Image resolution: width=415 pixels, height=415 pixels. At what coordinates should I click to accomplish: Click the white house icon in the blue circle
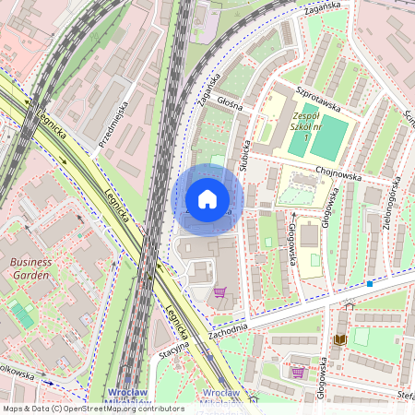coord(207,199)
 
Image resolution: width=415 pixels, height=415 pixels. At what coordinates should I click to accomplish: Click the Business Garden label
coord(31,267)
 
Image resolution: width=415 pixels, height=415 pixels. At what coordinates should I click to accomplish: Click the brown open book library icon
coord(340,339)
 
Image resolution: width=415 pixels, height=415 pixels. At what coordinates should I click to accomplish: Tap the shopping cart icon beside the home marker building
coord(219,293)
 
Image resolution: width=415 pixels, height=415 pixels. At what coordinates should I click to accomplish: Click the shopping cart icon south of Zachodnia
coord(298,373)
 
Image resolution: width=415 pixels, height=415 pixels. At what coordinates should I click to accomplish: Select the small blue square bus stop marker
coord(369,284)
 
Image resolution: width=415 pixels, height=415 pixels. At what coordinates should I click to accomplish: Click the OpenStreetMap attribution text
coord(92,409)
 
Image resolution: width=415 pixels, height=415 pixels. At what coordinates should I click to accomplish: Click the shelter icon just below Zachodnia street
coord(349,305)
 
